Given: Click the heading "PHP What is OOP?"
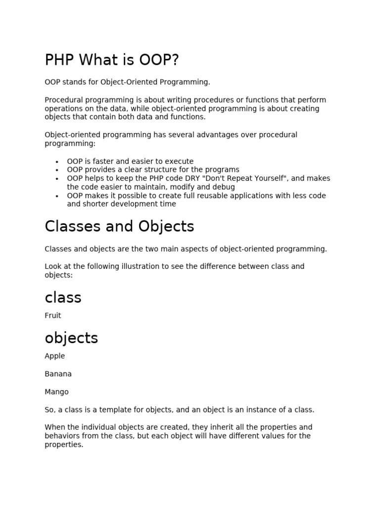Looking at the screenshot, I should coord(112,60).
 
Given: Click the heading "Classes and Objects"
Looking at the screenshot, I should coord(119,226).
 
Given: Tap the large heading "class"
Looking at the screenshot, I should coord(63,298).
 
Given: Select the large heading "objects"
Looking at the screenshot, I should coord(71,338).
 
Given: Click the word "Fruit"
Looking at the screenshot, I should coord(53,315).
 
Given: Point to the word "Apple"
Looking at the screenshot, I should coord(54,356).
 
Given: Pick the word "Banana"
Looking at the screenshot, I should coord(58,374).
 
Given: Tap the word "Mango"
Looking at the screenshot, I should coord(56,392).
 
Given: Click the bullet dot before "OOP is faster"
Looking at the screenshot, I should coord(57,162).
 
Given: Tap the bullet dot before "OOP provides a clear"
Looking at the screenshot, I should coord(57,170).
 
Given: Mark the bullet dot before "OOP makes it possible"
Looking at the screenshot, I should coord(57,196).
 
